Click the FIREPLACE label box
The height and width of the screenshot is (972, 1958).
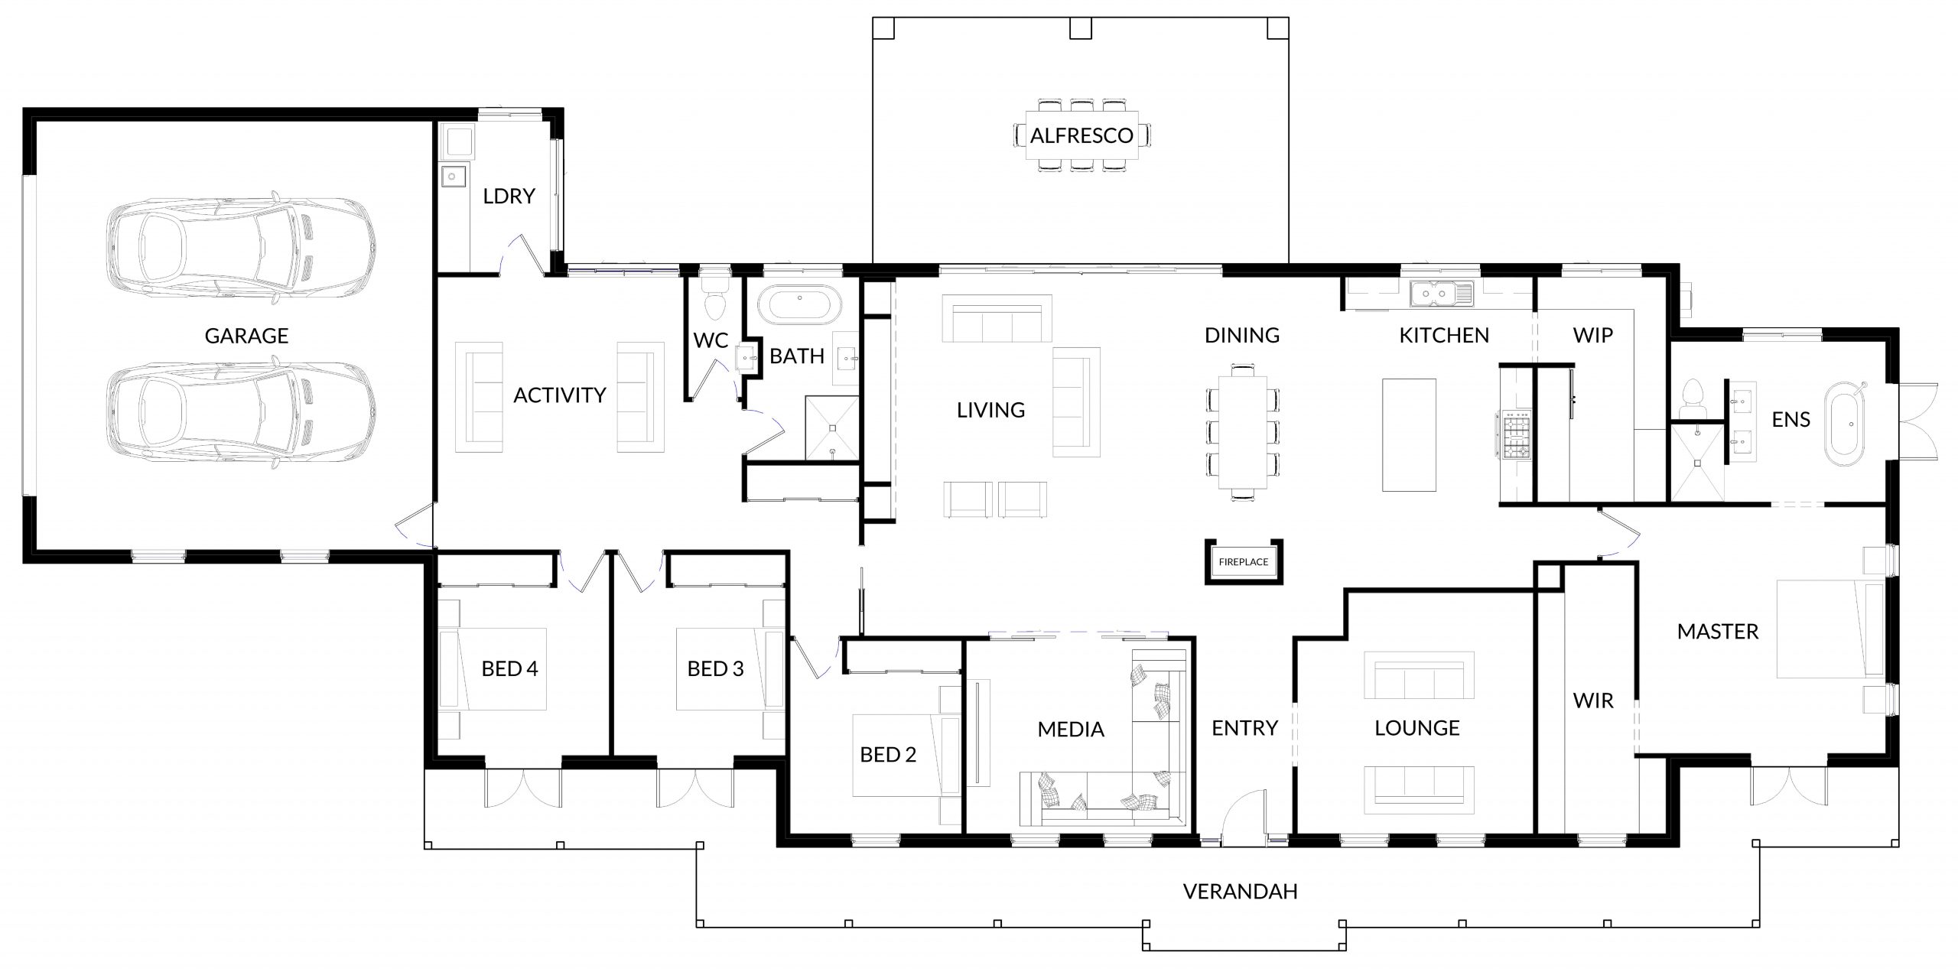coord(1243,562)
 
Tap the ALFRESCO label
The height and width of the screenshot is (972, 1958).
coord(1081,136)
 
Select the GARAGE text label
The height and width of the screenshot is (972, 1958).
coord(246,336)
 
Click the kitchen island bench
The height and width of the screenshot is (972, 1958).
coord(1409,434)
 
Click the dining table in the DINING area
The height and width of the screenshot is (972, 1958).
coord(1242,432)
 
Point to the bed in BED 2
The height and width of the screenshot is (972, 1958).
coord(907,755)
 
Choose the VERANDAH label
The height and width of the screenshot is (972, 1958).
coord(1240,892)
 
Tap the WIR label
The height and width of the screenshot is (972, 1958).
coord(1593,701)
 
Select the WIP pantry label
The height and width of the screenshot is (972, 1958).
coord(1593,335)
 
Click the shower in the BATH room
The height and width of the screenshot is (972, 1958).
coord(831,429)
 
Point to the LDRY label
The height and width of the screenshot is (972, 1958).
coord(509,197)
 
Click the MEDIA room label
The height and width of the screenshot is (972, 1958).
coord(1071,730)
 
